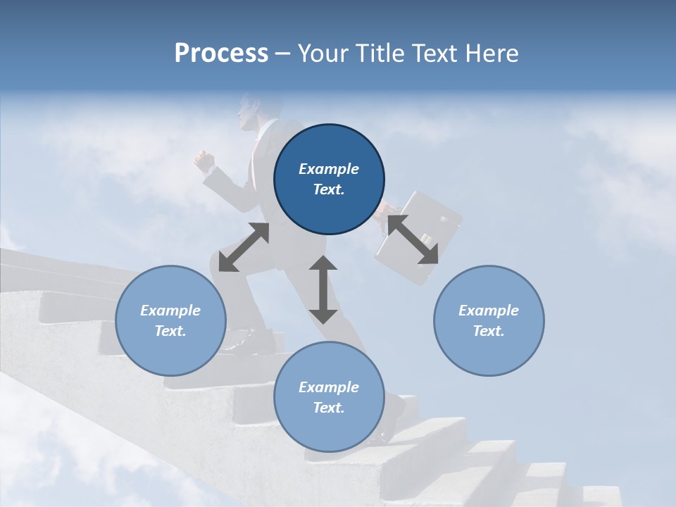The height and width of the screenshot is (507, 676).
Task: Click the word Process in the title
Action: (x=221, y=54)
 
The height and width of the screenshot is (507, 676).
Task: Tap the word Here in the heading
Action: (x=491, y=54)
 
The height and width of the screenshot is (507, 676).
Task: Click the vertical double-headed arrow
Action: (x=323, y=289)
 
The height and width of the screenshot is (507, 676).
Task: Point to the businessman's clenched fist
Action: (x=204, y=162)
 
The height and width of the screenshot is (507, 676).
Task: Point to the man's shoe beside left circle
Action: (x=239, y=343)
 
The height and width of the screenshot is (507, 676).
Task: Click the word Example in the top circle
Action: (x=329, y=169)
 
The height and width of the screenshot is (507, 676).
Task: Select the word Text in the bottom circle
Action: (x=329, y=408)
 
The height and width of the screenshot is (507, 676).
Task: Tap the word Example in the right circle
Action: (x=489, y=311)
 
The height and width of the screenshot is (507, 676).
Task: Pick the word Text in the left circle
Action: (x=170, y=331)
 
